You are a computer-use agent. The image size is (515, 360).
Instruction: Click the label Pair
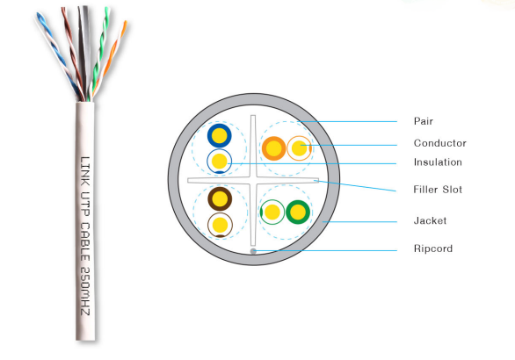pyautogui.click(x=424, y=121)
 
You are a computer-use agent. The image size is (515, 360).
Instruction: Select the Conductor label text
pyautogui.click(x=439, y=143)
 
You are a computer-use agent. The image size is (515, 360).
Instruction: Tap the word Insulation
pyautogui.click(x=438, y=162)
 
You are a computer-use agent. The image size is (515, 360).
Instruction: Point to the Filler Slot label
pyautogui.click(x=438, y=190)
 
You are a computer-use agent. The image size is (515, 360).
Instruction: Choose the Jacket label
pyautogui.click(x=430, y=220)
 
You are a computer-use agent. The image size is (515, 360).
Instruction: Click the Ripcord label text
pyautogui.click(x=433, y=248)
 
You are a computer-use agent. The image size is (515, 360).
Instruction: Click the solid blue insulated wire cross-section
pyautogui.click(x=220, y=135)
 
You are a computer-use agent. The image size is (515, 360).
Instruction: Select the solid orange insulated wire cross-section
pyautogui.click(x=273, y=148)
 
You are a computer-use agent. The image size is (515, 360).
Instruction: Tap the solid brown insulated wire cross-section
pyautogui.click(x=220, y=198)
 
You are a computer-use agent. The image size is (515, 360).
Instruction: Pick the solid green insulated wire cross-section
pyautogui.click(x=298, y=212)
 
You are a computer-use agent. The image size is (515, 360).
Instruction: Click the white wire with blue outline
pyautogui.click(x=220, y=162)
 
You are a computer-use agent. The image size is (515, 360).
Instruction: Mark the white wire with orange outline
pyautogui.click(x=299, y=148)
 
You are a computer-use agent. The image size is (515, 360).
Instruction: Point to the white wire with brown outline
pyautogui.click(x=220, y=225)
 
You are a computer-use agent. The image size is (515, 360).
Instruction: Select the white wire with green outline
pyautogui.click(x=272, y=212)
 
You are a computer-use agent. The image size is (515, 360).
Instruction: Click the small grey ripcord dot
pyautogui.click(x=253, y=251)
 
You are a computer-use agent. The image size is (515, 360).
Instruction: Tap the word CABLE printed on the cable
pyautogui.click(x=85, y=241)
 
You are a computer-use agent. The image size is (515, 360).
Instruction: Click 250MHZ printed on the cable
pyautogui.click(x=85, y=291)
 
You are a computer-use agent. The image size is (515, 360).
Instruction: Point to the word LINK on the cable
pyautogui.click(x=85, y=171)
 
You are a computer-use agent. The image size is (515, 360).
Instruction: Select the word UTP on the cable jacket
pyautogui.click(x=85, y=204)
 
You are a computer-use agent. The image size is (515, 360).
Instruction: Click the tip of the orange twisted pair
pyautogui.click(x=125, y=22)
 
